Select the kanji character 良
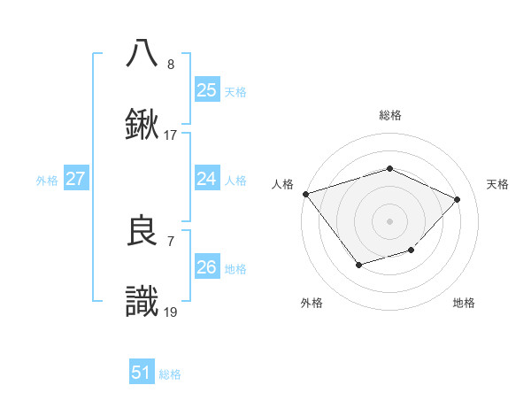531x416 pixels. (x=142, y=231)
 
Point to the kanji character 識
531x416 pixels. (x=142, y=301)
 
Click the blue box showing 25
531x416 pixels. (x=206, y=89)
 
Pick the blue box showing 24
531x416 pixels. (x=206, y=179)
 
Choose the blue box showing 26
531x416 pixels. (x=206, y=267)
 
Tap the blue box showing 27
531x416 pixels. (x=75, y=179)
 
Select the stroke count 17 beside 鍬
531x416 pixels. (x=170, y=135)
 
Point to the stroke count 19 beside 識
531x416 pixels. (x=170, y=312)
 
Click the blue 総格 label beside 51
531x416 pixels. (x=170, y=374)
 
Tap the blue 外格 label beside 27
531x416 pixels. (x=47, y=180)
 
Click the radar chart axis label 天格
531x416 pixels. (x=498, y=184)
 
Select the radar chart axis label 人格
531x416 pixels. (x=282, y=184)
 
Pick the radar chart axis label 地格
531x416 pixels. (x=464, y=303)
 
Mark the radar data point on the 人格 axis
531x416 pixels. (x=305, y=194)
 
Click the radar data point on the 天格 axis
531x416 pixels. (x=458, y=199)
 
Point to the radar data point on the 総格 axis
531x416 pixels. (x=389, y=168)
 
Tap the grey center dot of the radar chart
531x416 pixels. (x=389, y=220)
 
